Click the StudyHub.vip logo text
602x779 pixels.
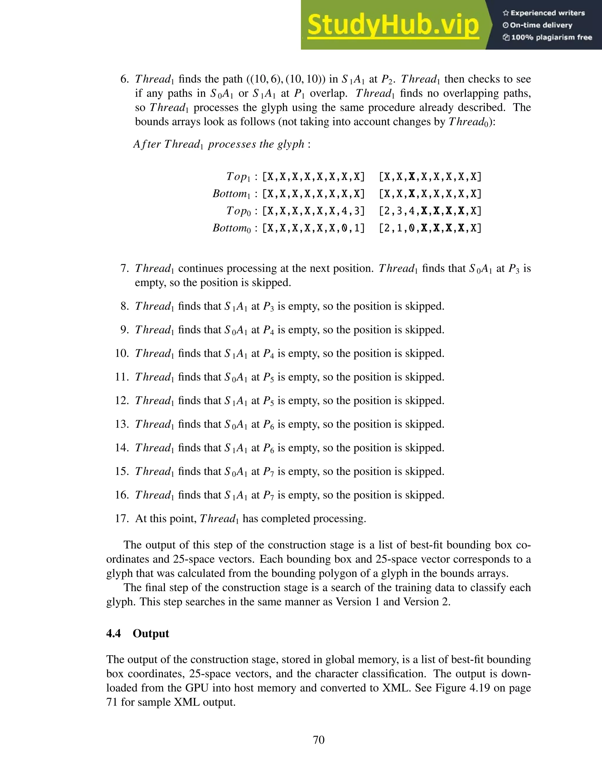(x=393, y=25)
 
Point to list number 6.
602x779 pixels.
(x=124, y=79)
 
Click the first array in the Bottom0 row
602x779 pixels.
(x=313, y=228)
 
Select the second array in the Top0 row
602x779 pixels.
(x=430, y=211)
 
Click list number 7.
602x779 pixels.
(x=124, y=268)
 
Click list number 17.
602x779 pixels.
(x=122, y=518)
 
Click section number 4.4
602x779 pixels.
(x=114, y=633)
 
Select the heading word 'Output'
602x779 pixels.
(x=150, y=633)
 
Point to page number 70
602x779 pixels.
(x=318, y=740)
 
